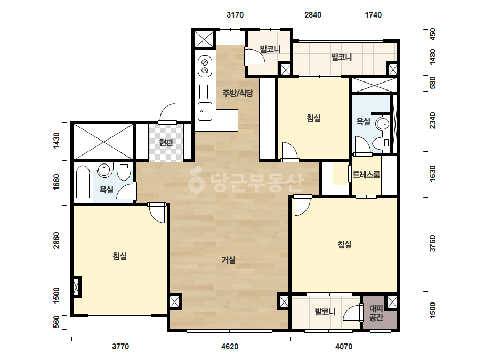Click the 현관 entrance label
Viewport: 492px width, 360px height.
(x=166, y=143)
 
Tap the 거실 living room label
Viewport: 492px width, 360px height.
(x=229, y=260)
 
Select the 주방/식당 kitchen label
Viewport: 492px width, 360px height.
(x=238, y=93)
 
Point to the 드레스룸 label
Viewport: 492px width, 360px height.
(x=366, y=175)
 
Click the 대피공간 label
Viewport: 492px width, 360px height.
(x=376, y=313)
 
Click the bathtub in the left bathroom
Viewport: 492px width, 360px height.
(x=83, y=182)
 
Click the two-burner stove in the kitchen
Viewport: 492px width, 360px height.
(x=205, y=66)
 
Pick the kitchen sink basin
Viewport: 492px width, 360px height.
(x=205, y=111)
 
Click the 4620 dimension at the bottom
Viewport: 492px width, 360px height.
(x=230, y=347)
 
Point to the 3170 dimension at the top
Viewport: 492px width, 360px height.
(x=235, y=15)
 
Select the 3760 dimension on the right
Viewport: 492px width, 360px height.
(x=433, y=243)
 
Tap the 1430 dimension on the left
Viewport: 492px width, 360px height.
(x=56, y=141)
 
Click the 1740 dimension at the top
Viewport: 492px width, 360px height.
(x=373, y=15)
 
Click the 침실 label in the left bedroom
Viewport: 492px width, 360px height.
(x=120, y=256)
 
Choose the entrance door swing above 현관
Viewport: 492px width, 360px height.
(x=167, y=113)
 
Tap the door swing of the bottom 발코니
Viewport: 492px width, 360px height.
(x=351, y=313)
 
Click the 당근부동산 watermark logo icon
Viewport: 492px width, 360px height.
(x=196, y=181)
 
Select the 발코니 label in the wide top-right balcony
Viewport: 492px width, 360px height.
(x=342, y=57)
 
